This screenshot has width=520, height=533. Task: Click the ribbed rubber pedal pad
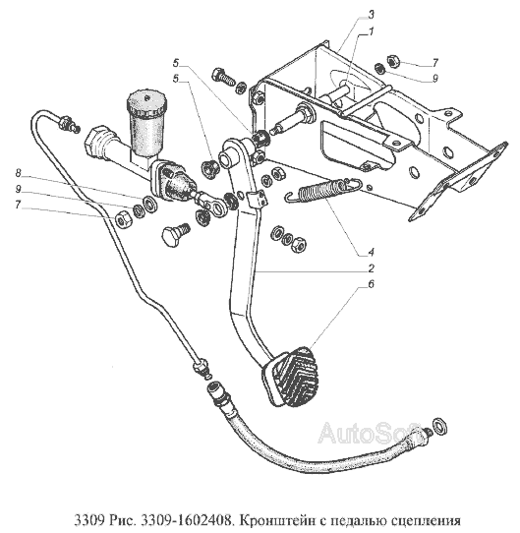pyautogui.click(x=291, y=377)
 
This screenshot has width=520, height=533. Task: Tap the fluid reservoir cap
pyautogui.click(x=146, y=101)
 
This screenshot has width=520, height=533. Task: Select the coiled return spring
pyautogui.click(x=322, y=191)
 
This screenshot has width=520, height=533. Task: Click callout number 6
pyautogui.click(x=371, y=284)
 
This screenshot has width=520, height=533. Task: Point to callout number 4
pyautogui.click(x=371, y=252)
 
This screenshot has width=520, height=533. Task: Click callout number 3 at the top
pyautogui.click(x=371, y=15)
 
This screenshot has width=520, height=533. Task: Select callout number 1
pyautogui.click(x=371, y=31)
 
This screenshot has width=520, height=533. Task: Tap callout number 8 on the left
pyautogui.click(x=19, y=173)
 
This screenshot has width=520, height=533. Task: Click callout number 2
pyautogui.click(x=371, y=268)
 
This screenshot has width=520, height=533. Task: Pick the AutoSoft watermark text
pyautogui.click(x=371, y=433)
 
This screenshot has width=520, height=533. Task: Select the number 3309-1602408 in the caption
pyautogui.click(x=186, y=520)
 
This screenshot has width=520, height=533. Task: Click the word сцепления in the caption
pyautogui.click(x=426, y=521)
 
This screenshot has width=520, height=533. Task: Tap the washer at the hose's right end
pyautogui.click(x=439, y=427)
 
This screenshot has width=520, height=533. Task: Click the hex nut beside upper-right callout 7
pyautogui.click(x=392, y=59)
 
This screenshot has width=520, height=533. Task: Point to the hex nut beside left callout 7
pyautogui.click(x=121, y=218)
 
